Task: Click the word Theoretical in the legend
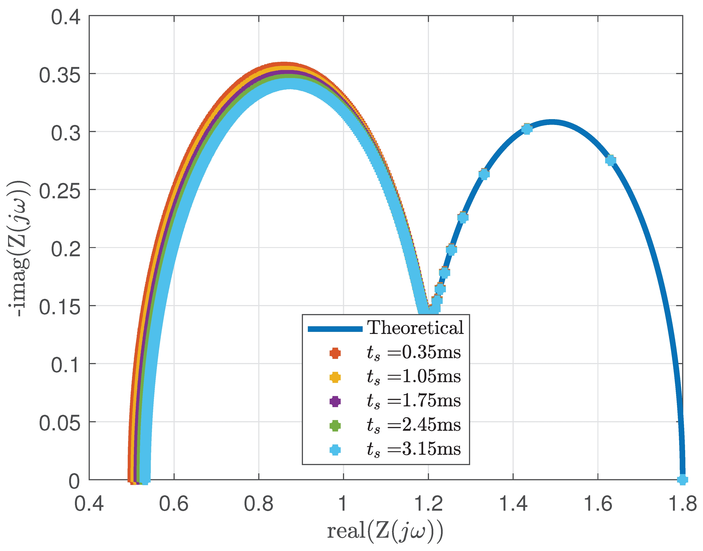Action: (x=415, y=328)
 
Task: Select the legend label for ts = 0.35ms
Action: (x=413, y=352)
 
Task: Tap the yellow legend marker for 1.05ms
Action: (x=335, y=377)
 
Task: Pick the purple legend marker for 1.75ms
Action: (x=335, y=401)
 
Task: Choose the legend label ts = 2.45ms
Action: (x=413, y=425)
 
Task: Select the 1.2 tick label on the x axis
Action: (x=428, y=504)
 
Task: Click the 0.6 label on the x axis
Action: (x=174, y=504)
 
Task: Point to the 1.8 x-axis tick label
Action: (x=682, y=504)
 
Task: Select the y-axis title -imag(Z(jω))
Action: (x=19, y=248)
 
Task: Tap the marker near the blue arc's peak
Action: (x=527, y=129)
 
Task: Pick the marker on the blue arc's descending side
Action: (x=610, y=160)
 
